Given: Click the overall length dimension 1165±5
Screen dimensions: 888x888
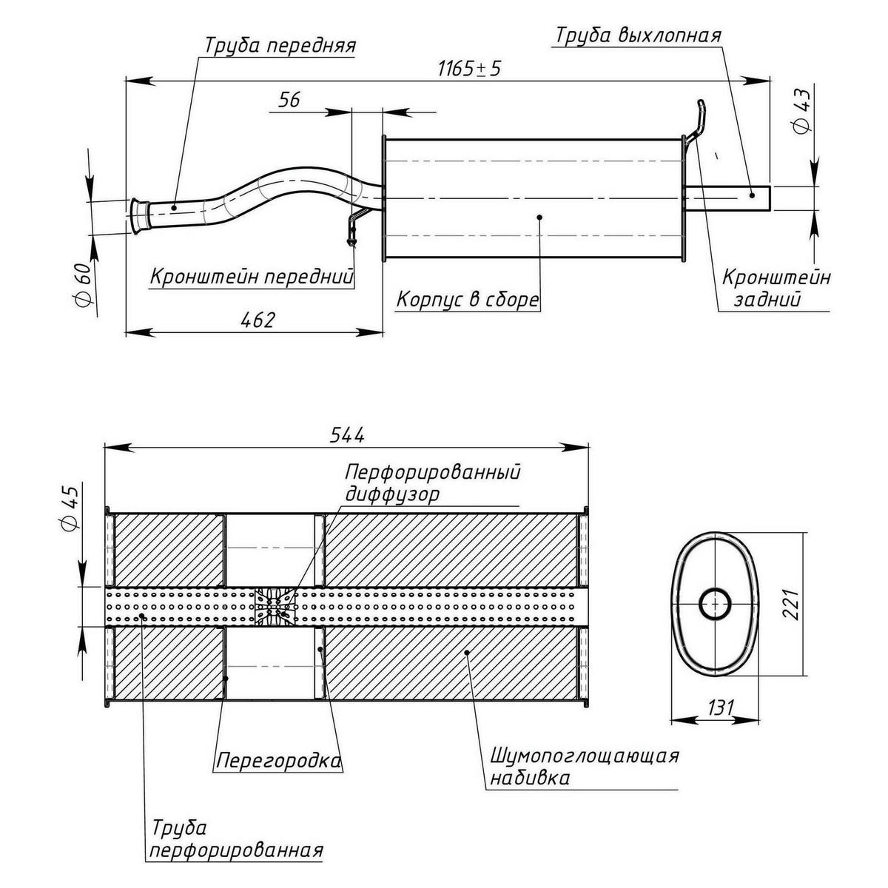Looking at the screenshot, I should [469, 69].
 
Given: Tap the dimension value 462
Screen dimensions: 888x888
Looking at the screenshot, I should [258, 320].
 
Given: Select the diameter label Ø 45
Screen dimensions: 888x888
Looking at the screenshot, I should [69, 508].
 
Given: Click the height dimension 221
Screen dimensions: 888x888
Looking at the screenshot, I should [790, 605].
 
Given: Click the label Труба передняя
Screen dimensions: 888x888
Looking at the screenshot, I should [280, 45].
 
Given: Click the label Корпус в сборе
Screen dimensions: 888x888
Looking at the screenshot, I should [467, 300].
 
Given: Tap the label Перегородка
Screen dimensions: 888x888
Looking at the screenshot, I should [279, 760].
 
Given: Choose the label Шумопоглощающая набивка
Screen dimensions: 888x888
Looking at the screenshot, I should [583, 767].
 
